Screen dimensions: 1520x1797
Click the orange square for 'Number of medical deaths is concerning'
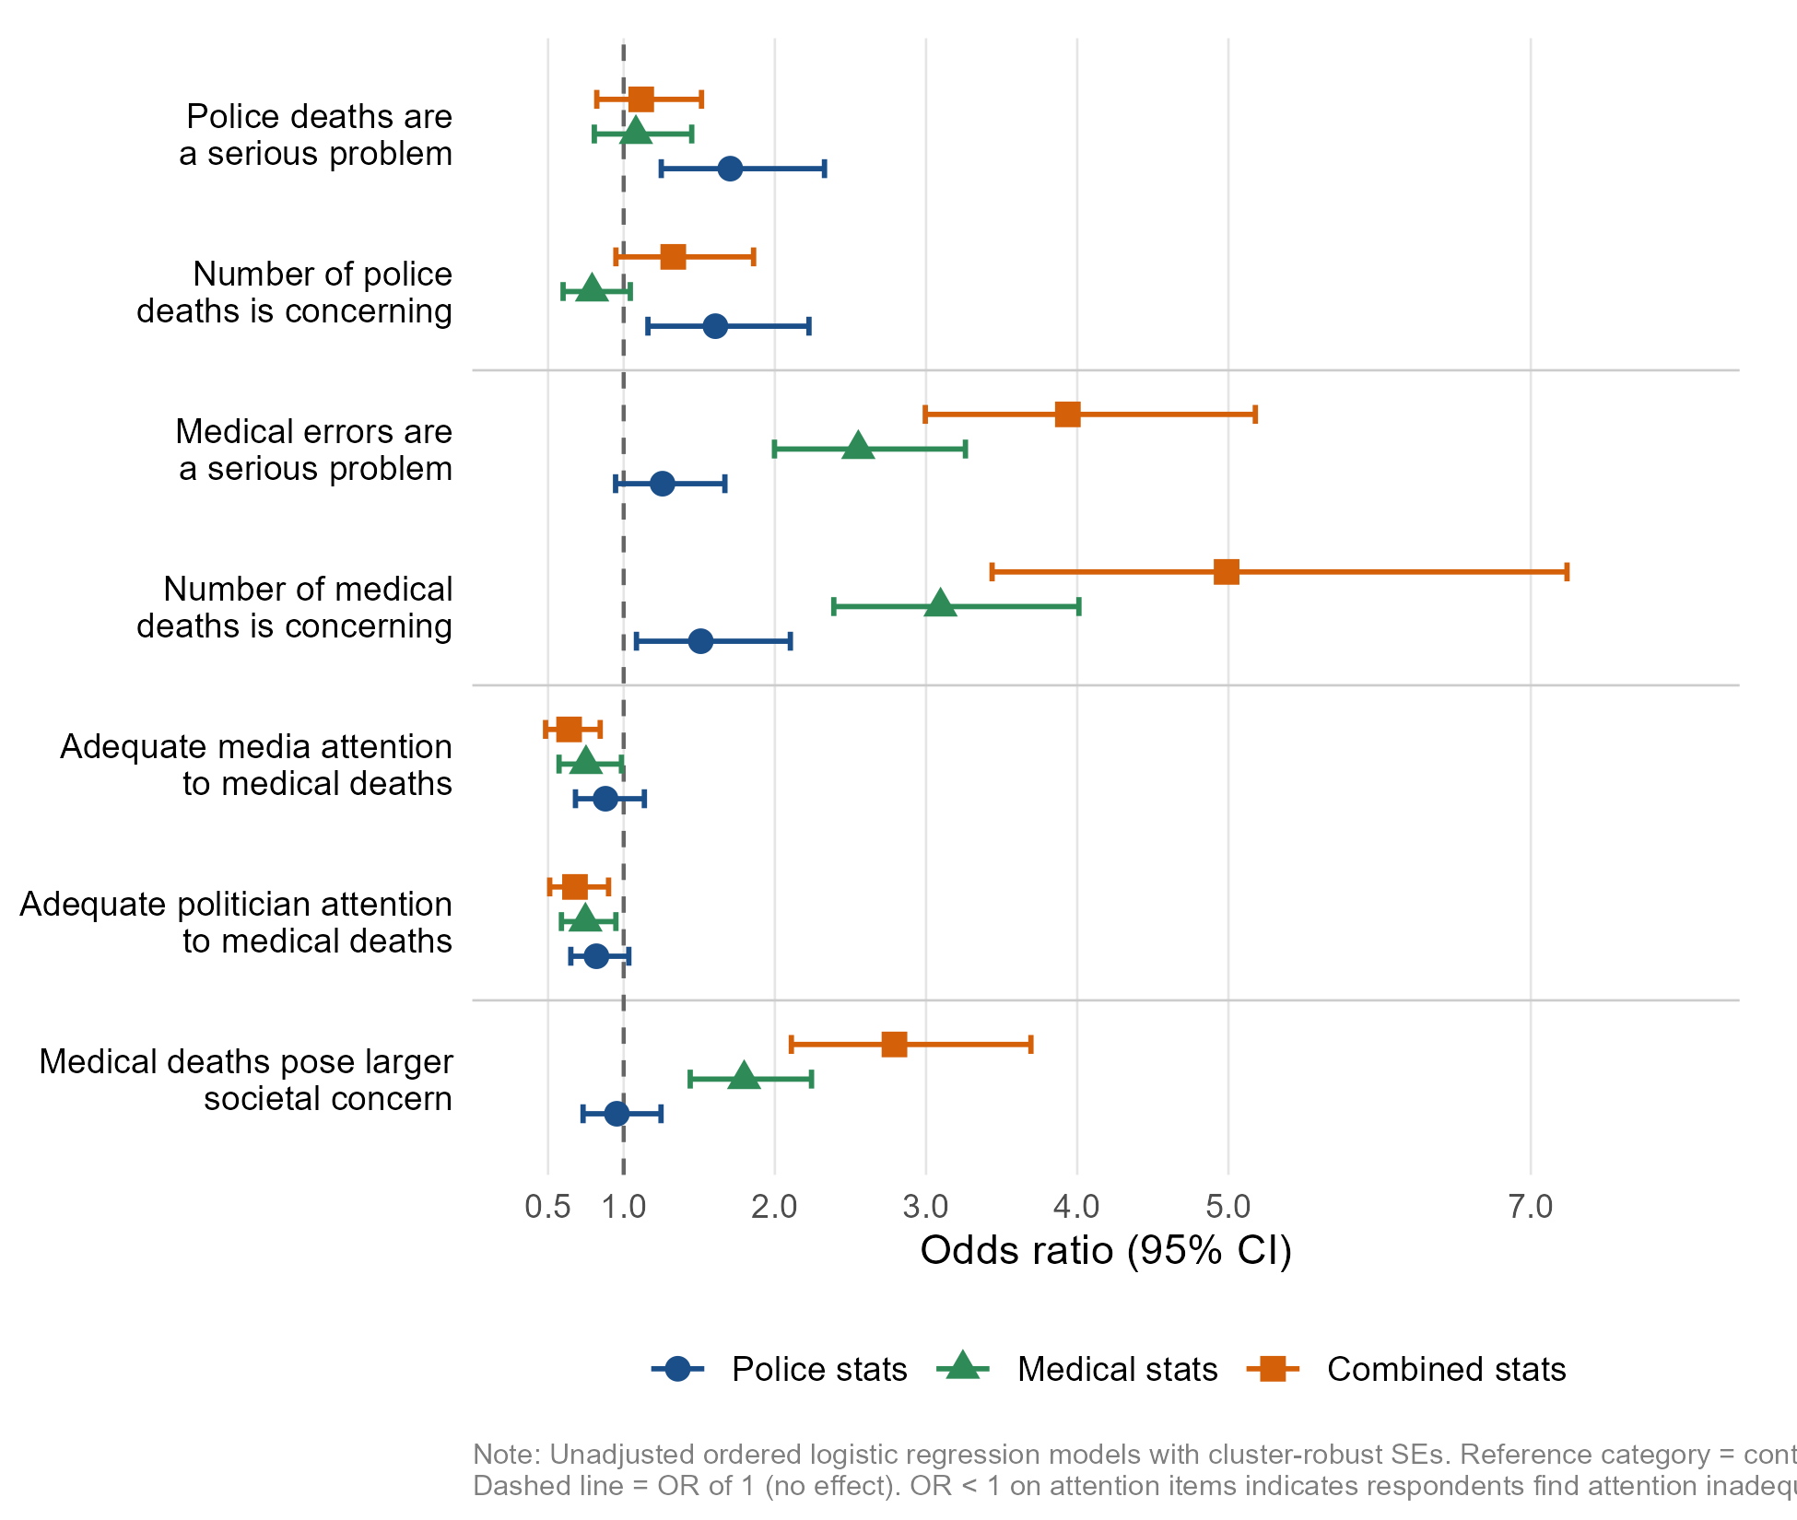pyautogui.click(x=1226, y=572)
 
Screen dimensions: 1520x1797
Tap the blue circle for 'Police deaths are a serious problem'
pyautogui.click(x=730, y=169)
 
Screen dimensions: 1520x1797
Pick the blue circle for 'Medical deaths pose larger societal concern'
pyautogui.click(x=617, y=1114)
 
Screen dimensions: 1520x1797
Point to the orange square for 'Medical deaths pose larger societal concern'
pyautogui.click(x=894, y=1045)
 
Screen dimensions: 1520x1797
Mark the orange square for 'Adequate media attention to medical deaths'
pyautogui.click(x=569, y=730)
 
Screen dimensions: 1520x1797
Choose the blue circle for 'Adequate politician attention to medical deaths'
pyautogui.click(x=596, y=956)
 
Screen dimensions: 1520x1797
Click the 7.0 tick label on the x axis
pyautogui.click(x=1531, y=1206)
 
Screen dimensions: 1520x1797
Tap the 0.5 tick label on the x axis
pyautogui.click(x=547, y=1206)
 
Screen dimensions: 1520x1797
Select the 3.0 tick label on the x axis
pyautogui.click(x=925, y=1206)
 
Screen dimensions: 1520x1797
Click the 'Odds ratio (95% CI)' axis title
pyautogui.click(x=1106, y=1251)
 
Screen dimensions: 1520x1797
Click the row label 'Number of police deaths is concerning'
pyautogui.click(x=295, y=293)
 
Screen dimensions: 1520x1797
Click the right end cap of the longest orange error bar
pyautogui.click(x=1567, y=572)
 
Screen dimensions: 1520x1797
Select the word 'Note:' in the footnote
pyautogui.click(x=507, y=1455)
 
